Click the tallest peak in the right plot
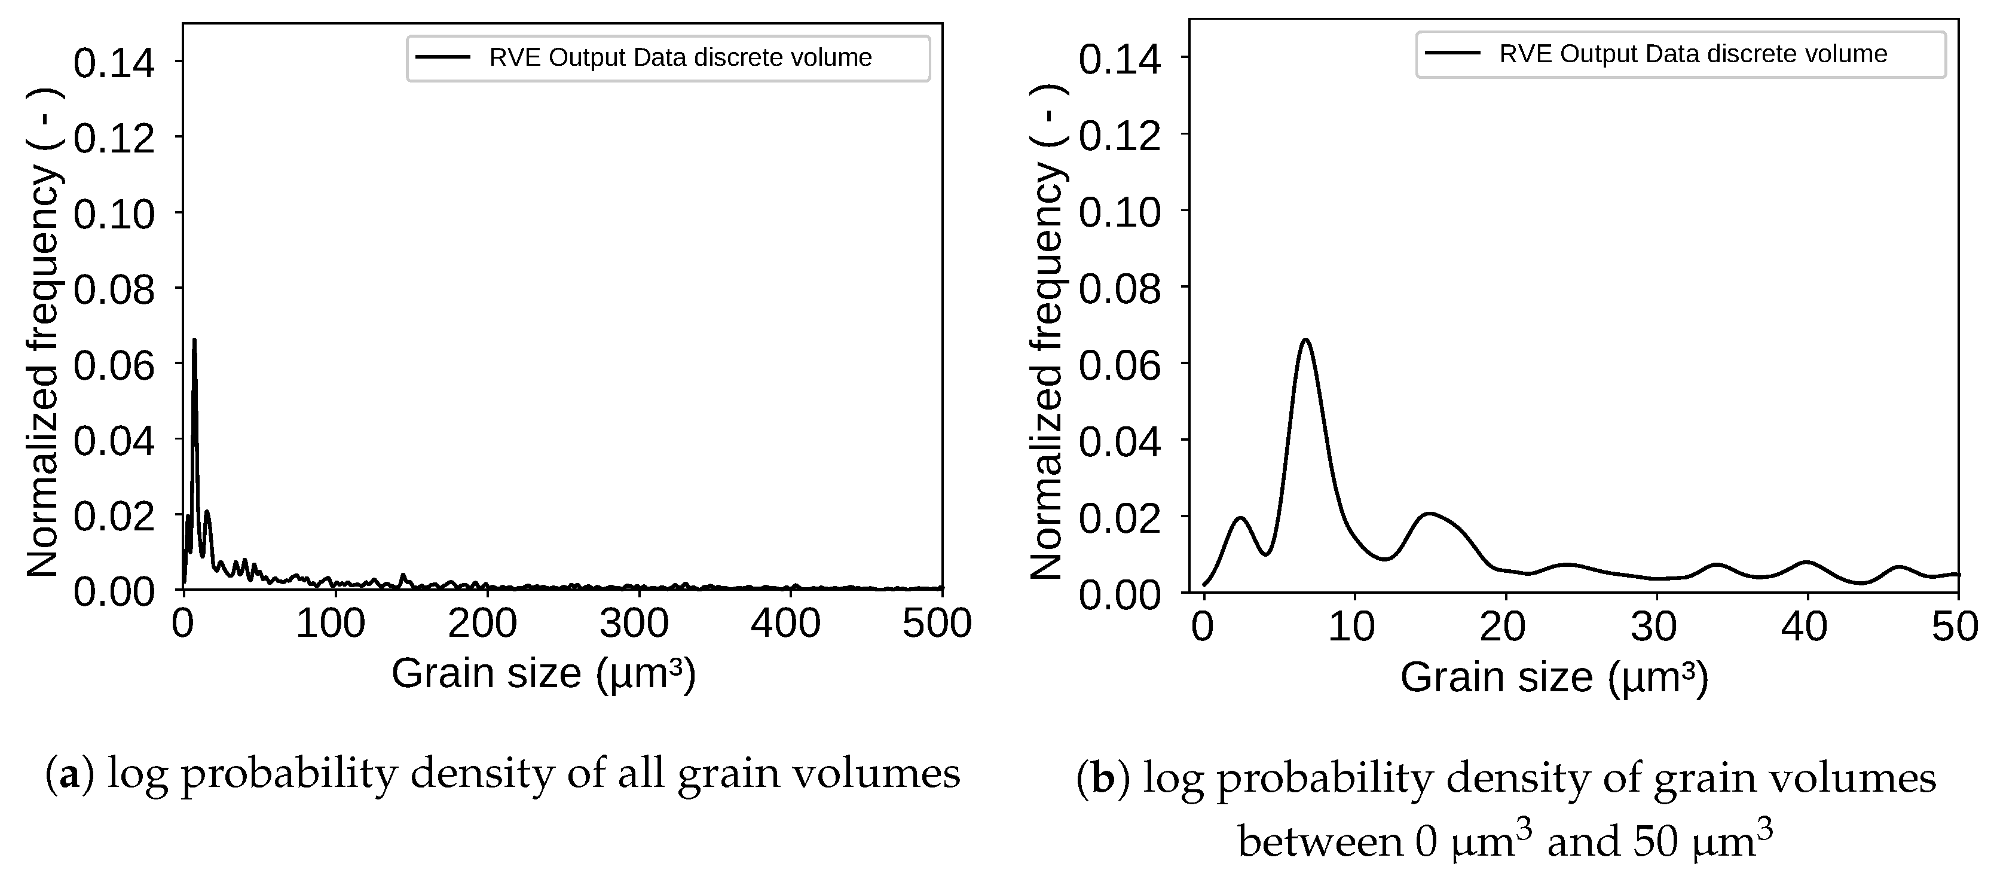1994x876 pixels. point(1306,340)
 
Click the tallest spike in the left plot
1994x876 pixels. point(194,341)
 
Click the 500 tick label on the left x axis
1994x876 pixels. point(937,624)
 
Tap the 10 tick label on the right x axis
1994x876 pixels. point(1351,627)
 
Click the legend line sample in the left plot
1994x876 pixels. point(443,57)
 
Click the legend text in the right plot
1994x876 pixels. point(1693,54)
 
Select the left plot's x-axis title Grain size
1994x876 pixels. point(543,673)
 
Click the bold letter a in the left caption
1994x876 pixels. point(70,774)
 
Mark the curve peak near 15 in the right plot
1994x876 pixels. point(1430,514)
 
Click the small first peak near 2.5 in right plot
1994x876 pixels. point(1241,518)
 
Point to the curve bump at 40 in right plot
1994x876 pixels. point(1807,562)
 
